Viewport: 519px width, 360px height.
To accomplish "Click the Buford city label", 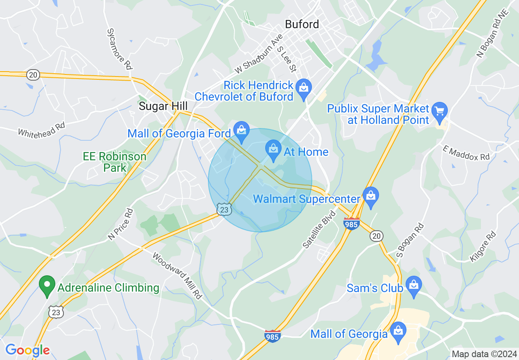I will [x=302, y=24].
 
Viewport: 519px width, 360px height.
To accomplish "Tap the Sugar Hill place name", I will [x=163, y=106].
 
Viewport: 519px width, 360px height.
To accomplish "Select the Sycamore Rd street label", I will [x=120, y=48].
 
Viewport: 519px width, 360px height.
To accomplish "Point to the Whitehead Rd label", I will [x=42, y=130].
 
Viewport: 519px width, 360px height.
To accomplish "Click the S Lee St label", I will [x=287, y=59].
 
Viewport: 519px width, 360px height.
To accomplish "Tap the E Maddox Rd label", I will [x=466, y=152].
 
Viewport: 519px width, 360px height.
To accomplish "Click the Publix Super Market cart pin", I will [x=440, y=111].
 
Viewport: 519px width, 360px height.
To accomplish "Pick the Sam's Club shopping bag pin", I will [x=414, y=285].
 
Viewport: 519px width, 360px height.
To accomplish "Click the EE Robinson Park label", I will [x=115, y=162].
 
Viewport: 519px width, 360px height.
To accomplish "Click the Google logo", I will [x=27, y=350].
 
